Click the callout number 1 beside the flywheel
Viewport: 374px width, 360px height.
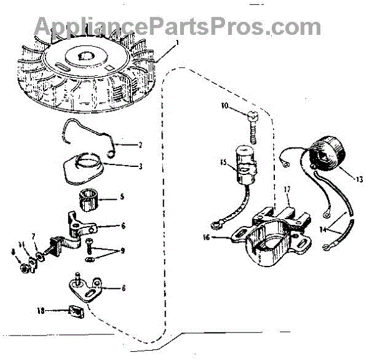(x=177, y=43)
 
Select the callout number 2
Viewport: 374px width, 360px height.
(x=141, y=145)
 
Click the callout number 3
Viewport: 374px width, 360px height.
(x=141, y=166)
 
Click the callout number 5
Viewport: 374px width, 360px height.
(x=122, y=196)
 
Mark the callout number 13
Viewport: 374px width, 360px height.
(x=359, y=180)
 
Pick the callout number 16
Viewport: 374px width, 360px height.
(x=206, y=237)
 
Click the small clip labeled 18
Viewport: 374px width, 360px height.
(x=77, y=309)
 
